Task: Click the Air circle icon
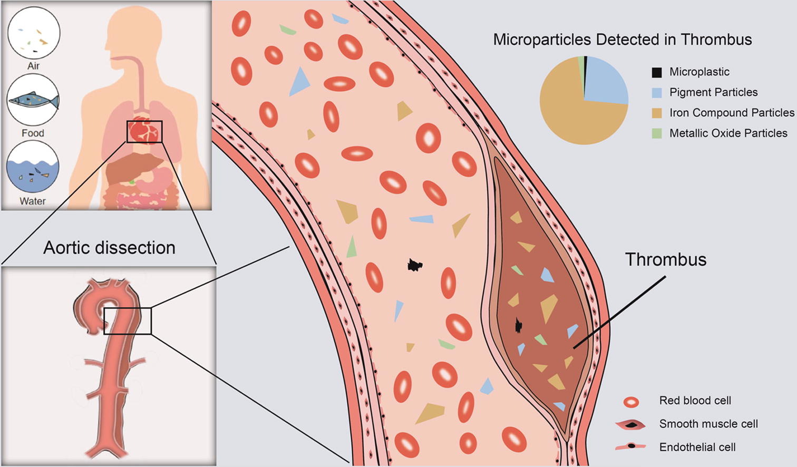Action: [33, 33]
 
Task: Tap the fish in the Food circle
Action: [34, 100]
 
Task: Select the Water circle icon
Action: [33, 168]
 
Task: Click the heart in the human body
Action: [144, 131]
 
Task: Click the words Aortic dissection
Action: [109, 248]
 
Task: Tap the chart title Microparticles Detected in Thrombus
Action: [622, 40]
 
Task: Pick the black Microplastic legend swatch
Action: [656, 72]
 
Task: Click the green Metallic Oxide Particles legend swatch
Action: [656, 133]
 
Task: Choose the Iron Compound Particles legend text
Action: [731, 113]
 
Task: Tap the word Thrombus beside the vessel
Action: [665, 259]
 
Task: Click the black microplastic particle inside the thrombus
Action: [519, 326]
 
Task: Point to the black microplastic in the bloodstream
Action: [415, 265]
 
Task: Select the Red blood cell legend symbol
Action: [631, 402]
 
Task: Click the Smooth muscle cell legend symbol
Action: [631, 425]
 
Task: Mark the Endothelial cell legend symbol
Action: [631, 447]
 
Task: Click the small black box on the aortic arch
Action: [128, 321]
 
